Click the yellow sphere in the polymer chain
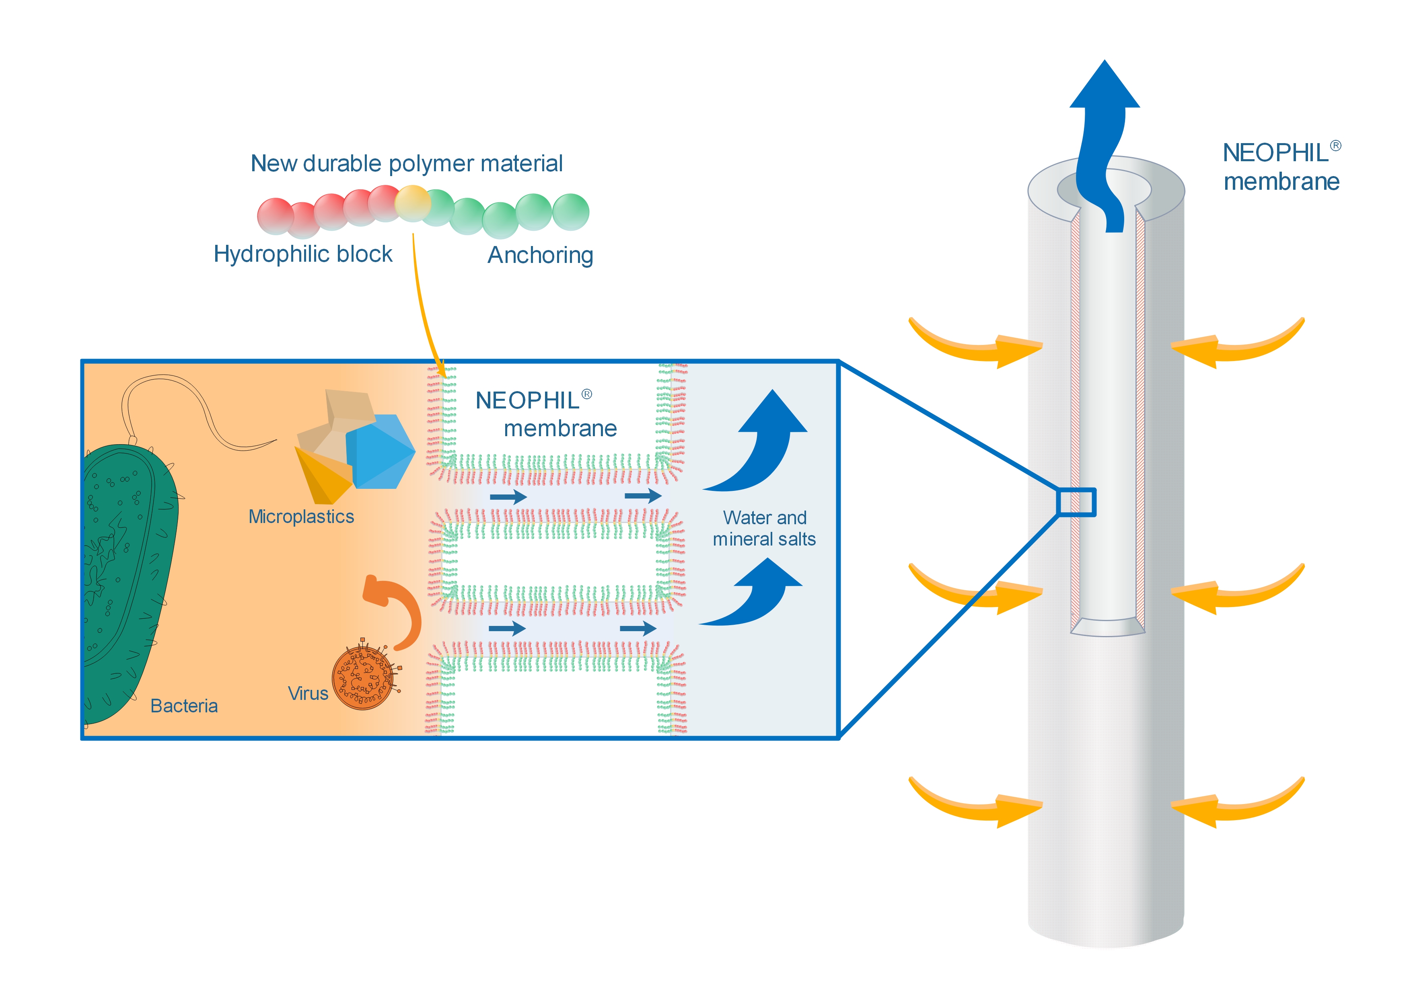click(412, 203)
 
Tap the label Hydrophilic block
click(302, 254)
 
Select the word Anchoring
click(540, 255)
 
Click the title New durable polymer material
click(406, 163)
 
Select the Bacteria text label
click(184, 706)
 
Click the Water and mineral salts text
click(764, 528)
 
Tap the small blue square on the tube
click(1076, 502)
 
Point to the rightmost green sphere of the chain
click(570, 212)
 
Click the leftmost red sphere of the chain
click(275, 215)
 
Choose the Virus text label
click(307, 693)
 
